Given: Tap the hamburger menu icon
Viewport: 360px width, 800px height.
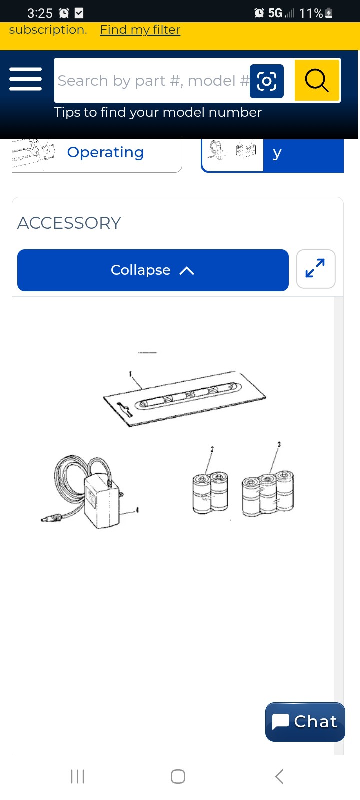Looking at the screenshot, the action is [25, 79].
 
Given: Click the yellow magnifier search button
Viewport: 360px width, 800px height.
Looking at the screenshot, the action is [317, 80].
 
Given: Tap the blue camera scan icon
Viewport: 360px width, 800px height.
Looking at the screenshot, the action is [267, 81].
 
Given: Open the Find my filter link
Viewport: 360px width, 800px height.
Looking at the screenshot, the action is [140, 30].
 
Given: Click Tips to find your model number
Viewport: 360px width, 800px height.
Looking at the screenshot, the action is [158, 113].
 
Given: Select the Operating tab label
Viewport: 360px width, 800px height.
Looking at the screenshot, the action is [105, 153].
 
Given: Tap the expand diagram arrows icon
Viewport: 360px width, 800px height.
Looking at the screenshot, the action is [315, 268].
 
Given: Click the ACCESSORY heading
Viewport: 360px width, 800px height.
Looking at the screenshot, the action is [69, 223].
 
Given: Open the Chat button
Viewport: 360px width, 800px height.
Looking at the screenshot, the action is [305, 722].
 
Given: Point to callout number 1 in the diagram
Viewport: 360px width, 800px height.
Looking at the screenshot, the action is [130, 374].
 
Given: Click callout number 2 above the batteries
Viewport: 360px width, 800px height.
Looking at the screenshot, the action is [212, 449].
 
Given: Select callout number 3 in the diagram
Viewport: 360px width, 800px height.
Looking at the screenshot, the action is [279, 444].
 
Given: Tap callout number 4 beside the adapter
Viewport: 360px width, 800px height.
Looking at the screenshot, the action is [137, 510].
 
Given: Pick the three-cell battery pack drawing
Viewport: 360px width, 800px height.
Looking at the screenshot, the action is [268, 493].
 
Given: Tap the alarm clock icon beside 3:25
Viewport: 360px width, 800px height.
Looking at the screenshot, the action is [64, 13].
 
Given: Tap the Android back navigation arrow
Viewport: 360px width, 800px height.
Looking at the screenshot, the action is [279, 776].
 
